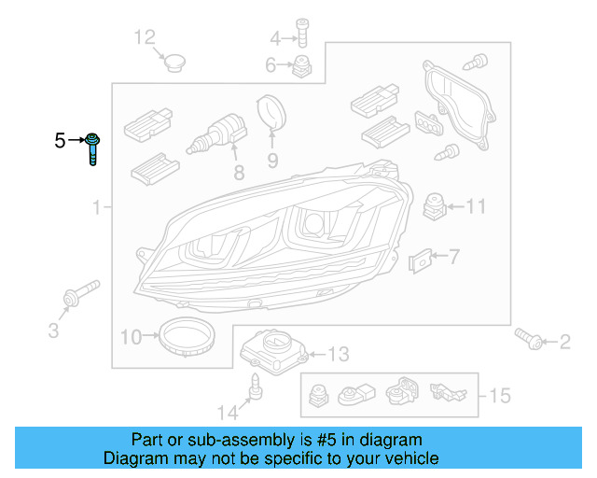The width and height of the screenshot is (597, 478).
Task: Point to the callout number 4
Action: (275, 38)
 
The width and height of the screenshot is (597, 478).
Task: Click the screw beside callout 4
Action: (301, 32)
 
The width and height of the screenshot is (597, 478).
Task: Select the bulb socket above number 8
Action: (216, 133)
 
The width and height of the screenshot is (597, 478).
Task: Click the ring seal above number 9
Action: (272, 112)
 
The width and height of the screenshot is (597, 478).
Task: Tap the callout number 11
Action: (477, 206)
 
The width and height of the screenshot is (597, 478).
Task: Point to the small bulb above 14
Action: (254, 384)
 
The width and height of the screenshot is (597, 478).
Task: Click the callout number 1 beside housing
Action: (95, 207)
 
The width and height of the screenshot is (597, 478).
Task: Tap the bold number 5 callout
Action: (61, 141)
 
